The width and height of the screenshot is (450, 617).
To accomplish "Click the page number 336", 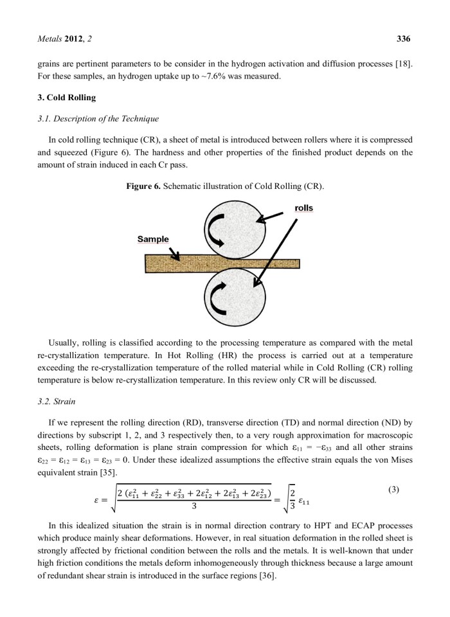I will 403,39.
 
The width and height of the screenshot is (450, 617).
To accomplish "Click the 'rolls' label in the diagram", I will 303,208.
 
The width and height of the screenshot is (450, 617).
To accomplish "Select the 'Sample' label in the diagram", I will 153,239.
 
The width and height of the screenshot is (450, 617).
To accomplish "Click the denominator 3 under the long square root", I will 195,506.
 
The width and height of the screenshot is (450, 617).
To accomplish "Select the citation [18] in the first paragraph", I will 402,64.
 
